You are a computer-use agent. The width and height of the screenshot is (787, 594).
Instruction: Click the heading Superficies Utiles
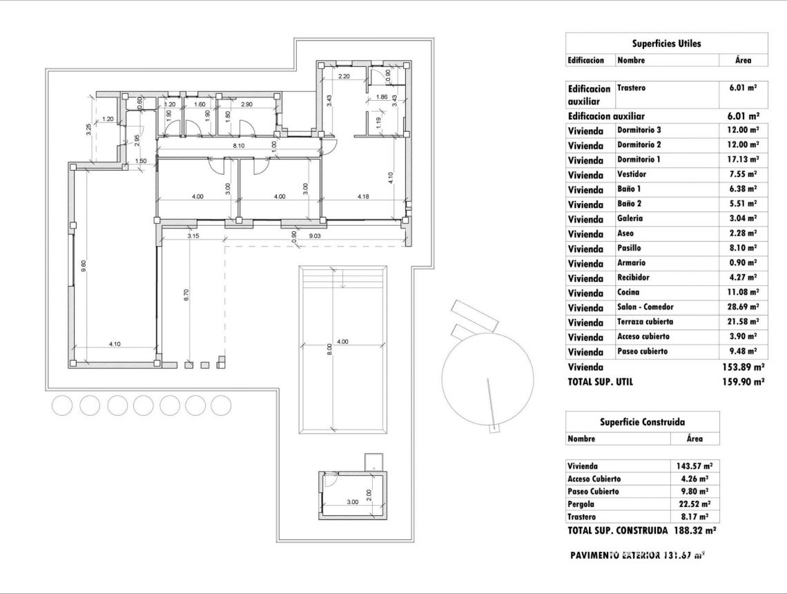pos(666,44)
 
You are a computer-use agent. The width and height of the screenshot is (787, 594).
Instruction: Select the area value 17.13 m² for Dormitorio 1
pos(742,160)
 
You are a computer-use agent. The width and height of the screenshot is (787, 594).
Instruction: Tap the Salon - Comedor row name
pos(645,307)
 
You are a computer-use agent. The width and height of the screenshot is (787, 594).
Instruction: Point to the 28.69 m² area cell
pos(742,307)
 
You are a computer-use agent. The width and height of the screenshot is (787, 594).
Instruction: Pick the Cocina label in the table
pos(628,292)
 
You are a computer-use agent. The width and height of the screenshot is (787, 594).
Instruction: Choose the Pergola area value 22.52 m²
pos(695,504)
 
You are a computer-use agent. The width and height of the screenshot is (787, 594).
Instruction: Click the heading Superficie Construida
pos(642,422)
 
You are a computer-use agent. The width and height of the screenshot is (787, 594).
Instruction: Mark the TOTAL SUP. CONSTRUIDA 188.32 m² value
pos(690,530)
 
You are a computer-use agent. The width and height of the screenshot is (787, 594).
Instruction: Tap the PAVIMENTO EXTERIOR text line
pos(638,555)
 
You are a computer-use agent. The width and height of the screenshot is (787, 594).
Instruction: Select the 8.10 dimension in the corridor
pos(239,146)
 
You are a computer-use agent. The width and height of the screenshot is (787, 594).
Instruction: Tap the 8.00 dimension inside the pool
pos(330,350)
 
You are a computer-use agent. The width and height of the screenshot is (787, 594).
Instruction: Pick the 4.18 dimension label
pos(364,197)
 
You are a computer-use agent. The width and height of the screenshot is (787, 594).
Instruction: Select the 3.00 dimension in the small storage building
pos(352,503)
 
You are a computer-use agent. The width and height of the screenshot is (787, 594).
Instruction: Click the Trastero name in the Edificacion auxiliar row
pos(631,88)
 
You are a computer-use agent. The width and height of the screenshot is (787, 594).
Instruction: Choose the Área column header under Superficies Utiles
pos(743,60)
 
